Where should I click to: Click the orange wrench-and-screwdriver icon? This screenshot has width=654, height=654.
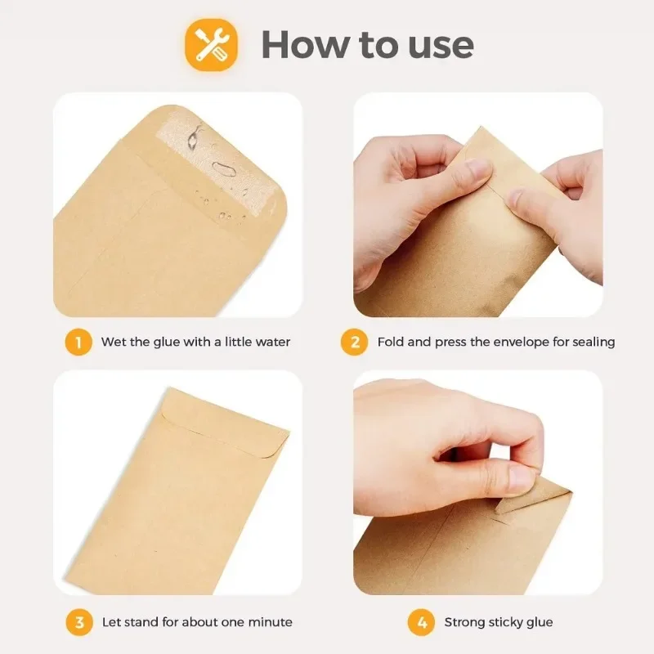(211, 44)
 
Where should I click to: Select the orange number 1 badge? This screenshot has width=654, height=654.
(78, 342)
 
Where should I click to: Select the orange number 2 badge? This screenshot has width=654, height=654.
(355, 342)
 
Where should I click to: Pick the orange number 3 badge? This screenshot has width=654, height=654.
(78, 622)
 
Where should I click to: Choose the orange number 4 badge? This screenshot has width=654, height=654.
(421, 622)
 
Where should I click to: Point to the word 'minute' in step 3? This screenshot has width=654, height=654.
(270, 622)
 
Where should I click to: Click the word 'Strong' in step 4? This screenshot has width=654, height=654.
(465, 622)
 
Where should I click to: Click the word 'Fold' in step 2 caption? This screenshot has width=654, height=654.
(391, 342)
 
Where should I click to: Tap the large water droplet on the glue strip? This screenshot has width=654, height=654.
(222, 169)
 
